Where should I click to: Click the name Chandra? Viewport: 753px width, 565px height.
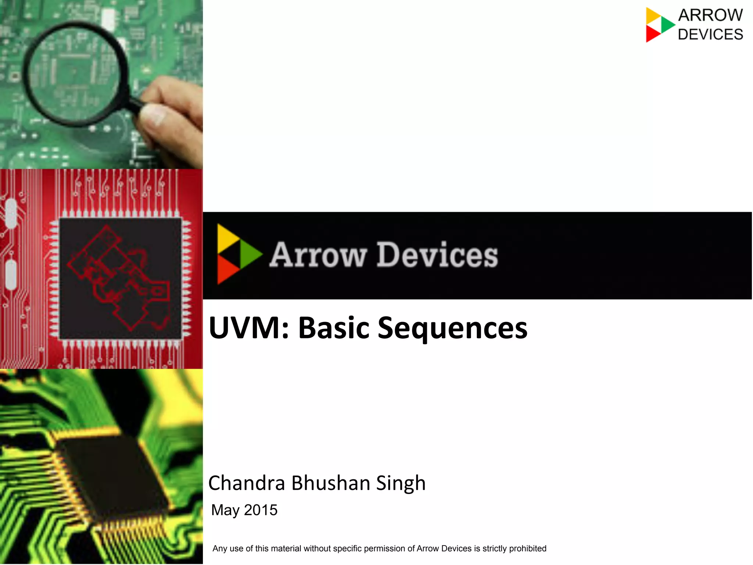246,483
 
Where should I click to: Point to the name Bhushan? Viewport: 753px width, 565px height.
331,483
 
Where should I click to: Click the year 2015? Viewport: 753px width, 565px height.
261,510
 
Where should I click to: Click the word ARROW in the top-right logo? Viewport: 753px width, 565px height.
710,15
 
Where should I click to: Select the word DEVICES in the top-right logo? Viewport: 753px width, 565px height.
710,35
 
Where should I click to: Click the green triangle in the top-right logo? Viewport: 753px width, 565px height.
667,25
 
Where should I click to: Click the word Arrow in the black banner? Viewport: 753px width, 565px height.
318,255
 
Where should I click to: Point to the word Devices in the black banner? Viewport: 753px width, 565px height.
437,255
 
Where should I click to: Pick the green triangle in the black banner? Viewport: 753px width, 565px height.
250,254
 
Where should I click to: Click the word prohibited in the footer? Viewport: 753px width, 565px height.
528,548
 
